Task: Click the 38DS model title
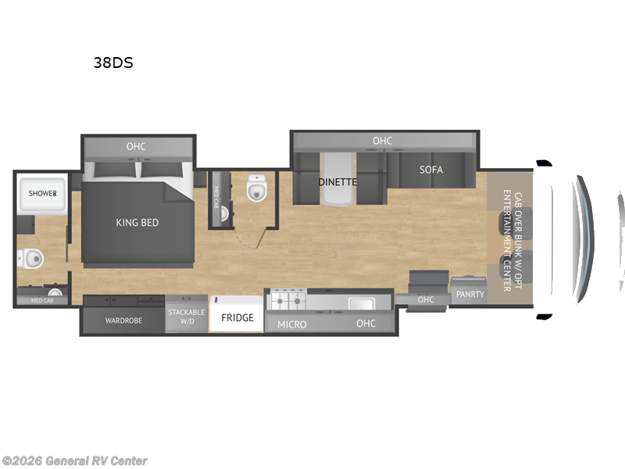113,63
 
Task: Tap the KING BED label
137,223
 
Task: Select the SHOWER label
43,193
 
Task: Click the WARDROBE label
123,320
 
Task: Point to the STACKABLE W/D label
187,317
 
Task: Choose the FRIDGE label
237,318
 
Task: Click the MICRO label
292,324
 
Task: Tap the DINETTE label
337,182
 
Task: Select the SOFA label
430,170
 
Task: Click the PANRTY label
470,295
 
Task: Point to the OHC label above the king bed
136,146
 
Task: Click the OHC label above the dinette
382,141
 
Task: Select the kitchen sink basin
361,303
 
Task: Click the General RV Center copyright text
74,460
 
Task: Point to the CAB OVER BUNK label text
512,240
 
